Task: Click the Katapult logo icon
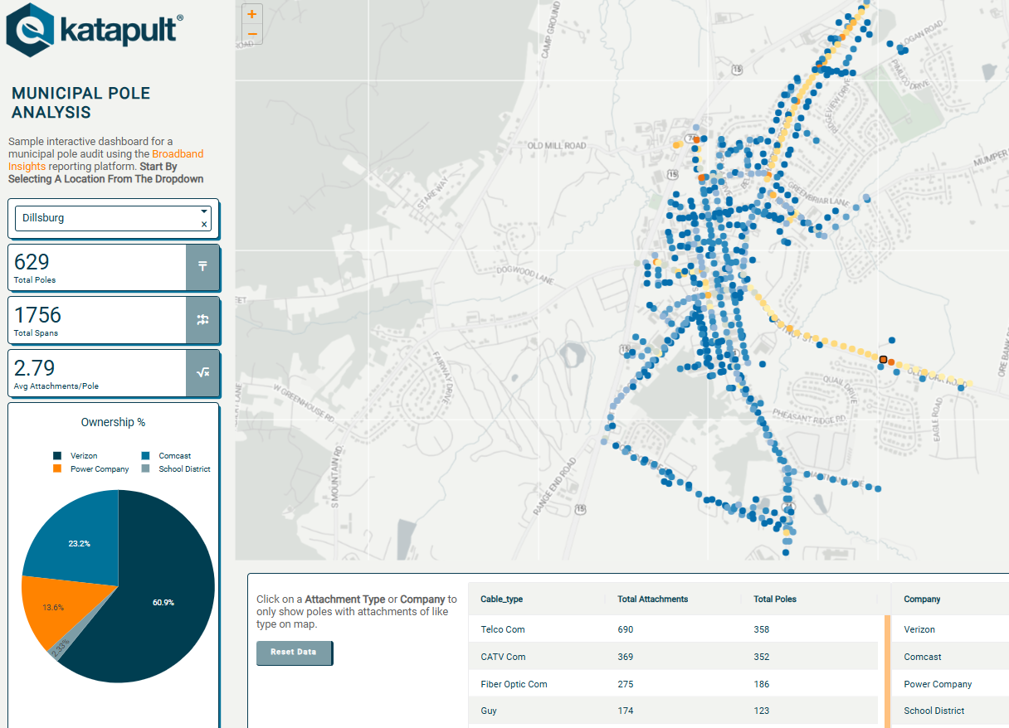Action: coord(32,29)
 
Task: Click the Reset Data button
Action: coord(294,653)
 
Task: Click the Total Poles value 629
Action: coord(32,262)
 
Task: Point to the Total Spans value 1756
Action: coord(38,315)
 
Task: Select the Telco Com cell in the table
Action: coord(503,629)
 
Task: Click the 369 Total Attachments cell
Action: coord(625,657)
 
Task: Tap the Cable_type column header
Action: coord(502,599)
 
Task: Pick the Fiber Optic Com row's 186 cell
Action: coord(761,684)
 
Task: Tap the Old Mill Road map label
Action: coord(557,146)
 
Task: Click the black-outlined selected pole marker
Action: coord(884,360)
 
